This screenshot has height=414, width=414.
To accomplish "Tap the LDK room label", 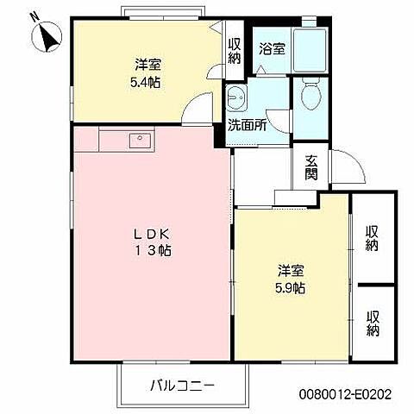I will [155, 233].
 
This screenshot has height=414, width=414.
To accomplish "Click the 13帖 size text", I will [155, 251].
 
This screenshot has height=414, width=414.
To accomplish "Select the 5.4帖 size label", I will [147, 82].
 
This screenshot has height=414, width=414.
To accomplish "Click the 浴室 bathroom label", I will [272, 49].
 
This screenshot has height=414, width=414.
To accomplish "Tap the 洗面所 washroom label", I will [247, 124].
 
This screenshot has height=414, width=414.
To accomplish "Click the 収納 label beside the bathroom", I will [235, 52].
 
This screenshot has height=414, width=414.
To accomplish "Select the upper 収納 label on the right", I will [373, 238].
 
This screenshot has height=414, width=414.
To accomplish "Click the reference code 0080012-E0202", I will [345, 392].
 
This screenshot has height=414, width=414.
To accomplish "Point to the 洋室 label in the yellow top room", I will [147, 65].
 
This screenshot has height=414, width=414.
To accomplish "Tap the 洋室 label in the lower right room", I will [290, 269].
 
